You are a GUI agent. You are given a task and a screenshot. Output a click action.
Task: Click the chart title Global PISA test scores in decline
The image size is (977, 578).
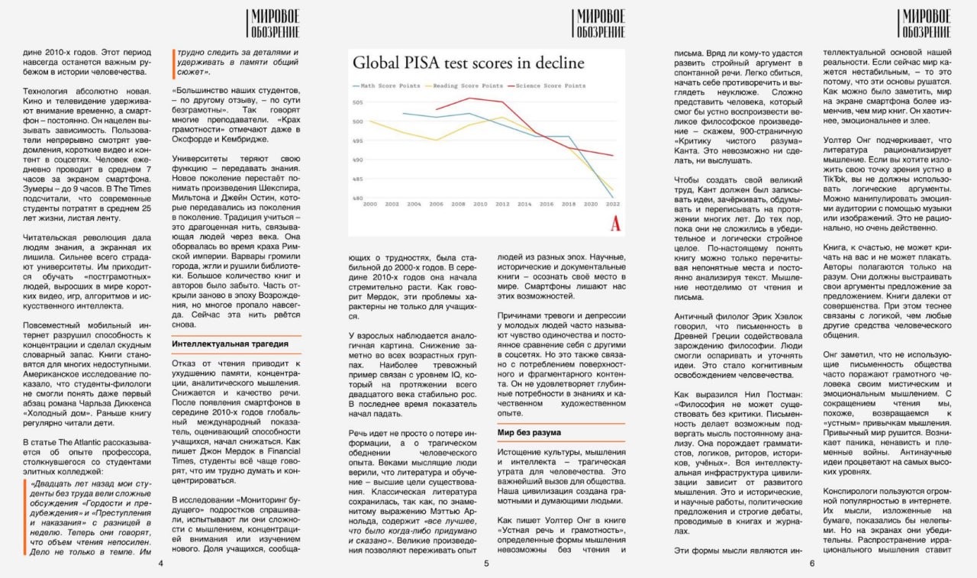(468, 63)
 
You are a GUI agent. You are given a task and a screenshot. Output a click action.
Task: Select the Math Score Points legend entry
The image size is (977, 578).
(386, 86)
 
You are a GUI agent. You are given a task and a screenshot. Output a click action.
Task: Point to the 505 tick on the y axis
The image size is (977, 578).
(358, 102)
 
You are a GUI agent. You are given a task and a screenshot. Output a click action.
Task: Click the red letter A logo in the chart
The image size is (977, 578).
(615, 224)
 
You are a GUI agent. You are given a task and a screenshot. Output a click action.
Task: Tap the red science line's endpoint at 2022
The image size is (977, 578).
(612, 155)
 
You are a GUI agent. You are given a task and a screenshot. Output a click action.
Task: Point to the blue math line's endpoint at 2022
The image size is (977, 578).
(612, 197)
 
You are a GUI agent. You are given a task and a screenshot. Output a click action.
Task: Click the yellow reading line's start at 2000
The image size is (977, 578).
(369, 121)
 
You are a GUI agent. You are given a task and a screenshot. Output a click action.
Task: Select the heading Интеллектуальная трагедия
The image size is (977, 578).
(220, 344)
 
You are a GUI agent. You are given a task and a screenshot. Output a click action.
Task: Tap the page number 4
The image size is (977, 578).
(160, 563)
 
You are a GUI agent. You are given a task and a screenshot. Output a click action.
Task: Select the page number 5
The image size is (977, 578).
(486, 563)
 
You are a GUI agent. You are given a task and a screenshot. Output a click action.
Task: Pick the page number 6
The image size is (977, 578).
(812, 563)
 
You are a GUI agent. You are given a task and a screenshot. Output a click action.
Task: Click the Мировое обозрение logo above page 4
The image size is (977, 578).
(273, 24)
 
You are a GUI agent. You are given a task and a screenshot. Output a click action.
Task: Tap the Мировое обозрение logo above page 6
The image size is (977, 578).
(925, 24)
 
